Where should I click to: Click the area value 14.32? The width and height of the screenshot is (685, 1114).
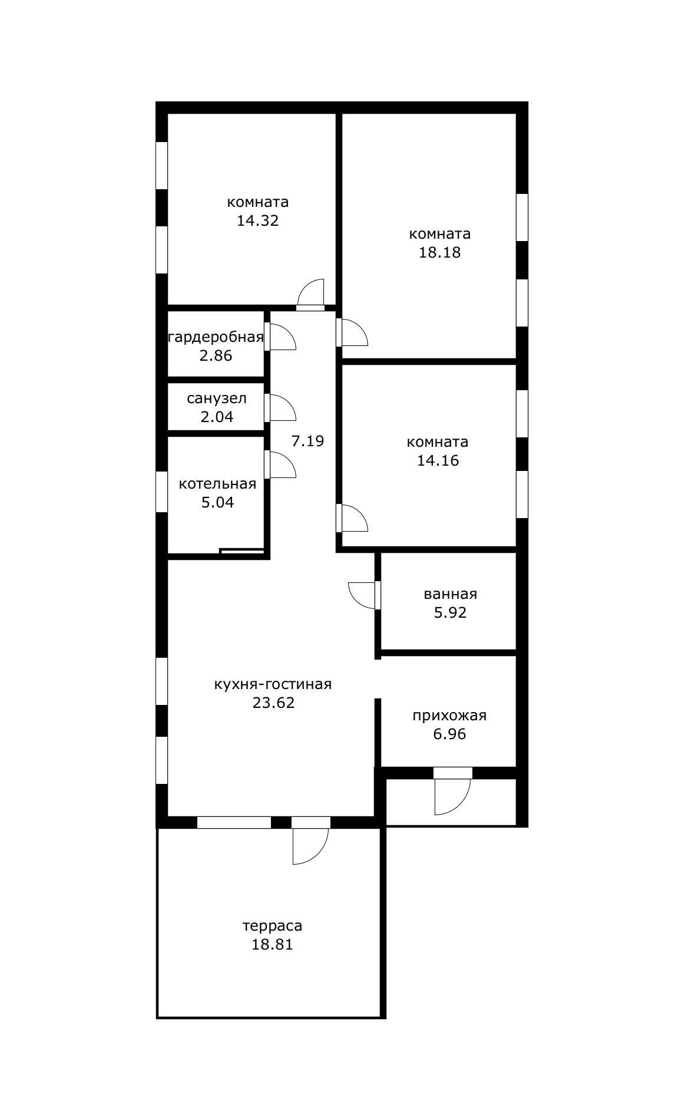(257, 221)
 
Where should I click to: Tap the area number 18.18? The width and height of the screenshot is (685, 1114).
(439, 253)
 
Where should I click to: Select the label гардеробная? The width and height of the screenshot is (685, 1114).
(216, 337)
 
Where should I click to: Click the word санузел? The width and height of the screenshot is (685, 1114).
(217, 398)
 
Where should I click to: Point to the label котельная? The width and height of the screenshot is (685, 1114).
(217, 484)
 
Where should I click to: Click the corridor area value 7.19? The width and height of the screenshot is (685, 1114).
(308, 441)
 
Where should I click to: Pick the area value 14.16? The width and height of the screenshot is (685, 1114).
(438, 461)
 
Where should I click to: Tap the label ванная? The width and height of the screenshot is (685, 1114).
(450, 594)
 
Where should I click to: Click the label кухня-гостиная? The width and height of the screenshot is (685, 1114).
(273, 684)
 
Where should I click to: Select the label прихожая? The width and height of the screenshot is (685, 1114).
(449, 716)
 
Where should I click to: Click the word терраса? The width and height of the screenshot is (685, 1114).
(272, 926)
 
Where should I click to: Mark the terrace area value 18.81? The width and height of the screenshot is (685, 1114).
(272, 945)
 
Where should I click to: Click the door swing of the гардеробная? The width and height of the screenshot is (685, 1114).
(281, 337)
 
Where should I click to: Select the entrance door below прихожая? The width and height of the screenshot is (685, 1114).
(451, 794)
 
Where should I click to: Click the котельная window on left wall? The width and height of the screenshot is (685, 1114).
(161, 492)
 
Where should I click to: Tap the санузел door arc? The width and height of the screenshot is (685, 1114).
(281, 408)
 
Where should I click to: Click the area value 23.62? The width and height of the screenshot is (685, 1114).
(273, 703)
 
